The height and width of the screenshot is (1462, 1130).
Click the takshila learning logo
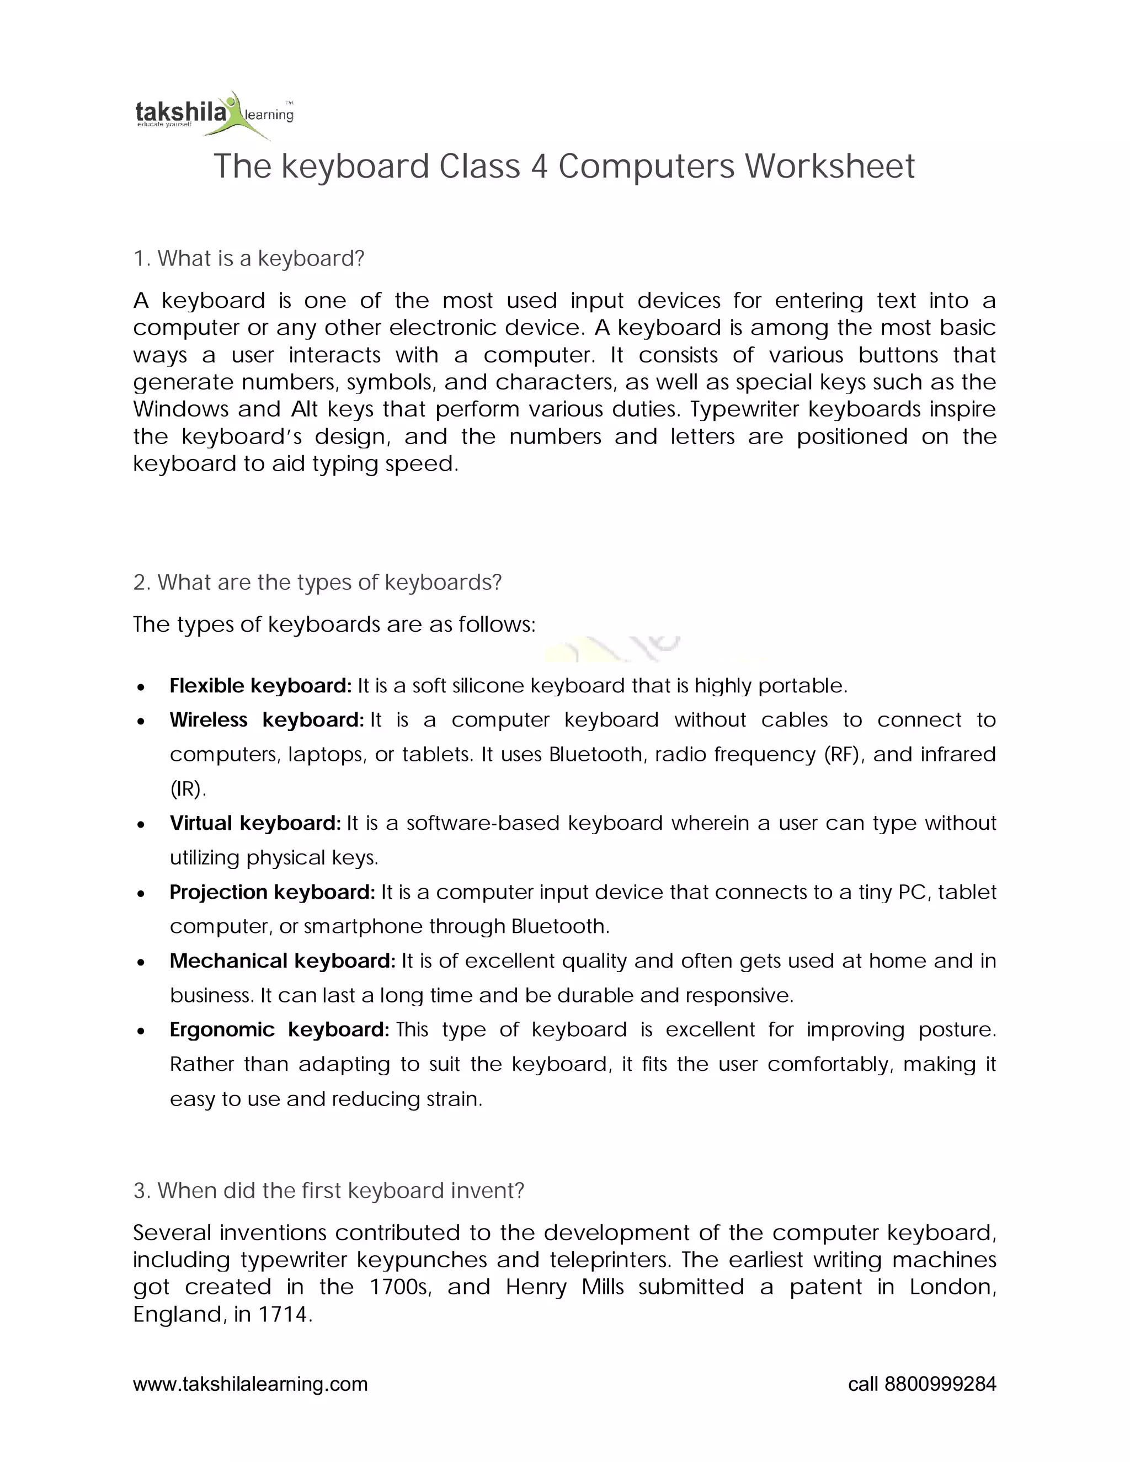[x=214, y=114]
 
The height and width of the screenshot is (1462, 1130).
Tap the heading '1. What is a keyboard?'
[x=248, y=258]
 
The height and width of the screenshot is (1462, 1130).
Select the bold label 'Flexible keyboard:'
[x=260, y=685]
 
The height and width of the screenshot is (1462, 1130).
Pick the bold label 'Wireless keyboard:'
[x=266, y=719]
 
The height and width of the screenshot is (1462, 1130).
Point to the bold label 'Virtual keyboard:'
[x=255, y=823]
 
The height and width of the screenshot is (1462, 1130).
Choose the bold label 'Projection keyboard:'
[x=273, y=892]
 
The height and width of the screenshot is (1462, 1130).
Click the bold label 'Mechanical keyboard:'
[x=282, y=961]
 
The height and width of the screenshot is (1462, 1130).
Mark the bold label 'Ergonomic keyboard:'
[x=279, y=1029]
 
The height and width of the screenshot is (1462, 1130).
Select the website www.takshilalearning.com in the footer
[x=250, y=1384]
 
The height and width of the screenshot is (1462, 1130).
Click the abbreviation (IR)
[x=188, y=789]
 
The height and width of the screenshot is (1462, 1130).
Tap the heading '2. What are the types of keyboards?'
[x=317, y=583]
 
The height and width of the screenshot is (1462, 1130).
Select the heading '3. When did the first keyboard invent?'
[x=329, y=1190]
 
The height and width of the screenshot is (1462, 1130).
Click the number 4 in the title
[x=539, y=166]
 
